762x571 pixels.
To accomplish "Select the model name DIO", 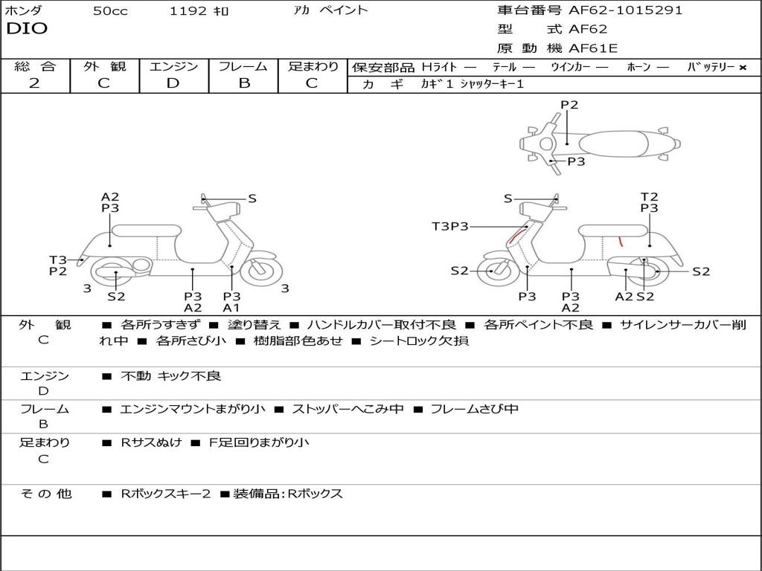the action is click(x=27, y=29).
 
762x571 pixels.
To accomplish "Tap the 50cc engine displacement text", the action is click(x=110, y=11).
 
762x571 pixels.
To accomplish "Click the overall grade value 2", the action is click(x=34, y=83).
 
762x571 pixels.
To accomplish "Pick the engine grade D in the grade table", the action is click(x=173, y=83).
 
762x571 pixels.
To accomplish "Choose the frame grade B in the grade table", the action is click(x=244, y=83).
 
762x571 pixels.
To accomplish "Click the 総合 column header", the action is click(x=35, y=67).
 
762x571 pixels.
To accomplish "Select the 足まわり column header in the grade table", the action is click(x=313, y=67).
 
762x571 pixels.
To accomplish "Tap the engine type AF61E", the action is click(x=593, y=48).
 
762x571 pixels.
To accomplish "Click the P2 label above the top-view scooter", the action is click(x=569, y=105).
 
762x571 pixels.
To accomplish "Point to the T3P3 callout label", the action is click(x=450, y=226).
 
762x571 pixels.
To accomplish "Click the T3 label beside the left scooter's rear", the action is click(x=58, y=259).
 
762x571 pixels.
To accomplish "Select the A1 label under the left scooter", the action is click(x=231, y=308).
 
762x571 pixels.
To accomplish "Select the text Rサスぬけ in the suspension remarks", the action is click(x=151, y=442).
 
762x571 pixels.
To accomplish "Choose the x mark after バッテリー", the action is click(x=742, y=68).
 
